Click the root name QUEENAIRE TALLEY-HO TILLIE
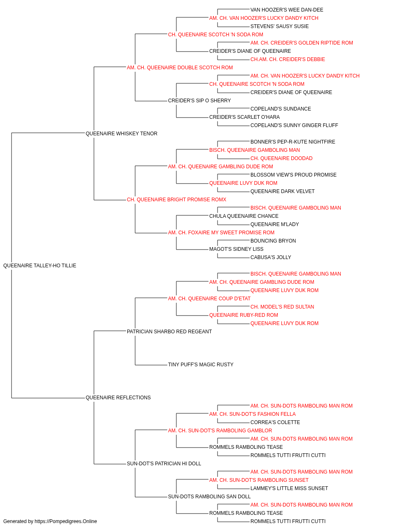tap(40, 266)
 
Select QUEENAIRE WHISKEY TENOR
tap(121, 134)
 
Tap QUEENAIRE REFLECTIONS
tap(118, 398)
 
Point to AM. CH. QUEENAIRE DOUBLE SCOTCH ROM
tap(180, 68)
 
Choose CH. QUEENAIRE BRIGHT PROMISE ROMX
tap(176, 200)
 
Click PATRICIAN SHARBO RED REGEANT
tap(169, 332)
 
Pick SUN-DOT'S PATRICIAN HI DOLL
tap(164, 464)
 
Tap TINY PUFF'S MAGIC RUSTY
tap(201, 365)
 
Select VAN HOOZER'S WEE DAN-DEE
tap(287, 10)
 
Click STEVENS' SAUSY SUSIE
tap(279, 26)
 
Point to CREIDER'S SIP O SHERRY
tap(199, 101)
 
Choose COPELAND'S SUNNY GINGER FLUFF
tap(294, 125)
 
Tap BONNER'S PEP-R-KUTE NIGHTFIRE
tap(293, 142)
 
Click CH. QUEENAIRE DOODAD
tap(281, 158)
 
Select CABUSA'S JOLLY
tap(271, 257)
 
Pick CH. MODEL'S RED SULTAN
tap(282, 307)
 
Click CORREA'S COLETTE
tap(275, 422)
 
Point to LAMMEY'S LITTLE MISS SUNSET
tap(289, 488)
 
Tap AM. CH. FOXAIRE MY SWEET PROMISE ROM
tap(221, 233)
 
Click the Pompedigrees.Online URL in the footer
tap(66, 521)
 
